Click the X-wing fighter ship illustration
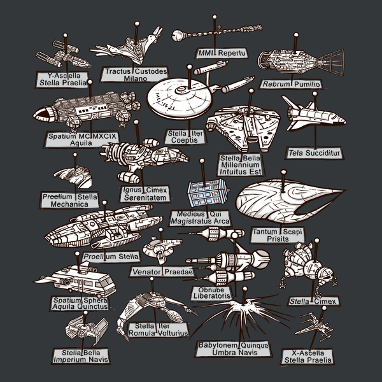coord(314,327)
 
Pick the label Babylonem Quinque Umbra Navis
coord(232,348)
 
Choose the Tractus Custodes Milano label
coord(135,74)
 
